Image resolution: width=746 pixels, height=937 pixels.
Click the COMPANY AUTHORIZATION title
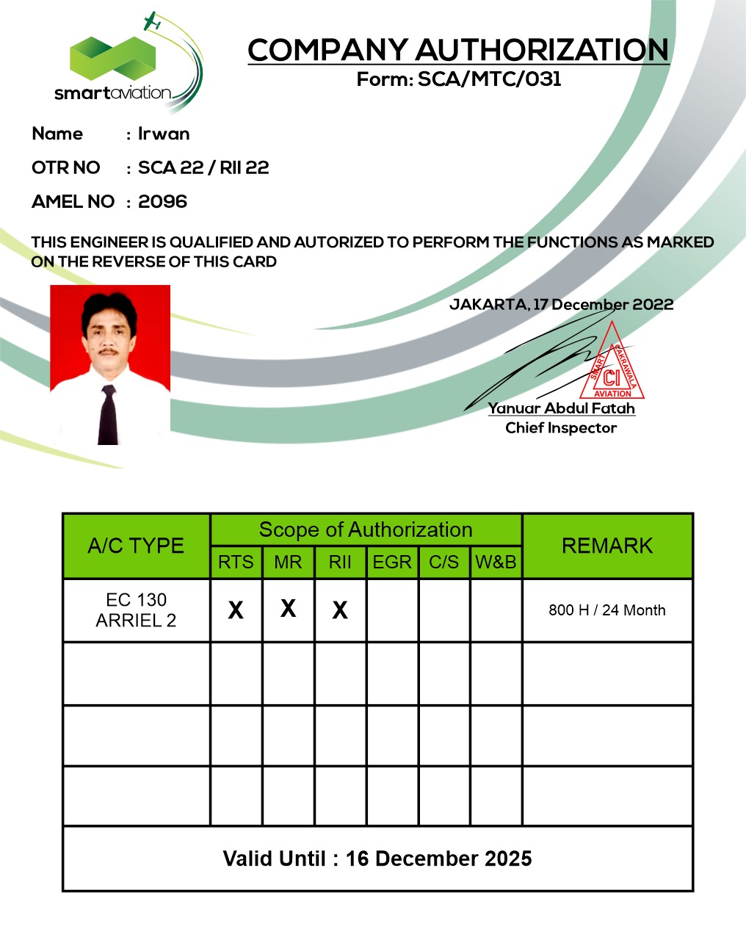458,50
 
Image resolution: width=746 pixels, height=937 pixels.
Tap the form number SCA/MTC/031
490,79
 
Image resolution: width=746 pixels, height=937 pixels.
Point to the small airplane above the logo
152,21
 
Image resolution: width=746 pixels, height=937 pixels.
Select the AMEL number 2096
163,202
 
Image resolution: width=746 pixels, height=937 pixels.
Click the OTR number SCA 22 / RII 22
203,168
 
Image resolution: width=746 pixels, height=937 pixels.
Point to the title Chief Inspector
561,428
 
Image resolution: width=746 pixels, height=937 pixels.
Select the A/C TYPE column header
136,546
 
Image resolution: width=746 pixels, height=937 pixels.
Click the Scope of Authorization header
366,529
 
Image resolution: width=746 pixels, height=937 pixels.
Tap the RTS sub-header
236,562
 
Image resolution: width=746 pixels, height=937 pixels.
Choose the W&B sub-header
496,562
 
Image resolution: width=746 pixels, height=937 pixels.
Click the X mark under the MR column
289,608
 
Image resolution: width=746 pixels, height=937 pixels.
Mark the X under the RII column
340,610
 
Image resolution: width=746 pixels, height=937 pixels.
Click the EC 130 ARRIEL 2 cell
137,610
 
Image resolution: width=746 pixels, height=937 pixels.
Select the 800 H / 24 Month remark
607,610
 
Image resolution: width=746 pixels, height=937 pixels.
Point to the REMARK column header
607,546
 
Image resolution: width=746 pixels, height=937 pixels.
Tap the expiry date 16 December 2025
438,858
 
